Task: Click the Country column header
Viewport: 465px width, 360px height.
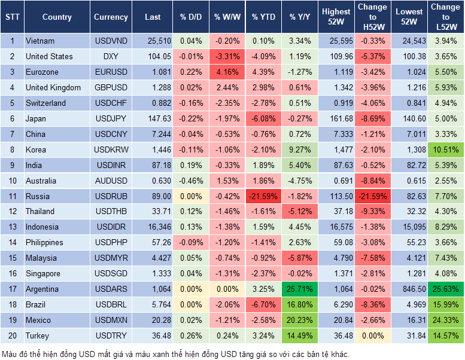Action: coord(57,17)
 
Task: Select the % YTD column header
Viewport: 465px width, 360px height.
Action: coord(263,17)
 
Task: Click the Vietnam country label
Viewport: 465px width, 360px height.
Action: coord(40,41)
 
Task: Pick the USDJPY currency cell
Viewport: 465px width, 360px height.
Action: coord(111,118)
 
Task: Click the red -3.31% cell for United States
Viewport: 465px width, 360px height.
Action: coord(227,56)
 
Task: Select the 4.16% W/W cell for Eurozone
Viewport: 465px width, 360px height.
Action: coord(227,72)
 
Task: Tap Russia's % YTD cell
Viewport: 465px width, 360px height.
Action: coord(263,196)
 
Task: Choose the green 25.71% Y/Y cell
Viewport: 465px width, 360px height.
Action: coord(300,289)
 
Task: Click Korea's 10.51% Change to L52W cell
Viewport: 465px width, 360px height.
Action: coord(446,150)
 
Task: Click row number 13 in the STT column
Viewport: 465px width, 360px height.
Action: coord(11,227)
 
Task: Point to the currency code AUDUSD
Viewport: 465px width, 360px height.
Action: coord(111,181)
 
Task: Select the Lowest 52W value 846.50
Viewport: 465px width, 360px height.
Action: coord(411,289)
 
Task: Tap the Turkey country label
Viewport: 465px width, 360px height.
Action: coord(38,335)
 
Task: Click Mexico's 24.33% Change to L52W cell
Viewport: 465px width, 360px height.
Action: coord(446,320)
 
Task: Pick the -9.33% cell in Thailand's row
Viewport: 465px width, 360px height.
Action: coord(373,211)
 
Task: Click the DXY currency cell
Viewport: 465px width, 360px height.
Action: coord(111,56)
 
